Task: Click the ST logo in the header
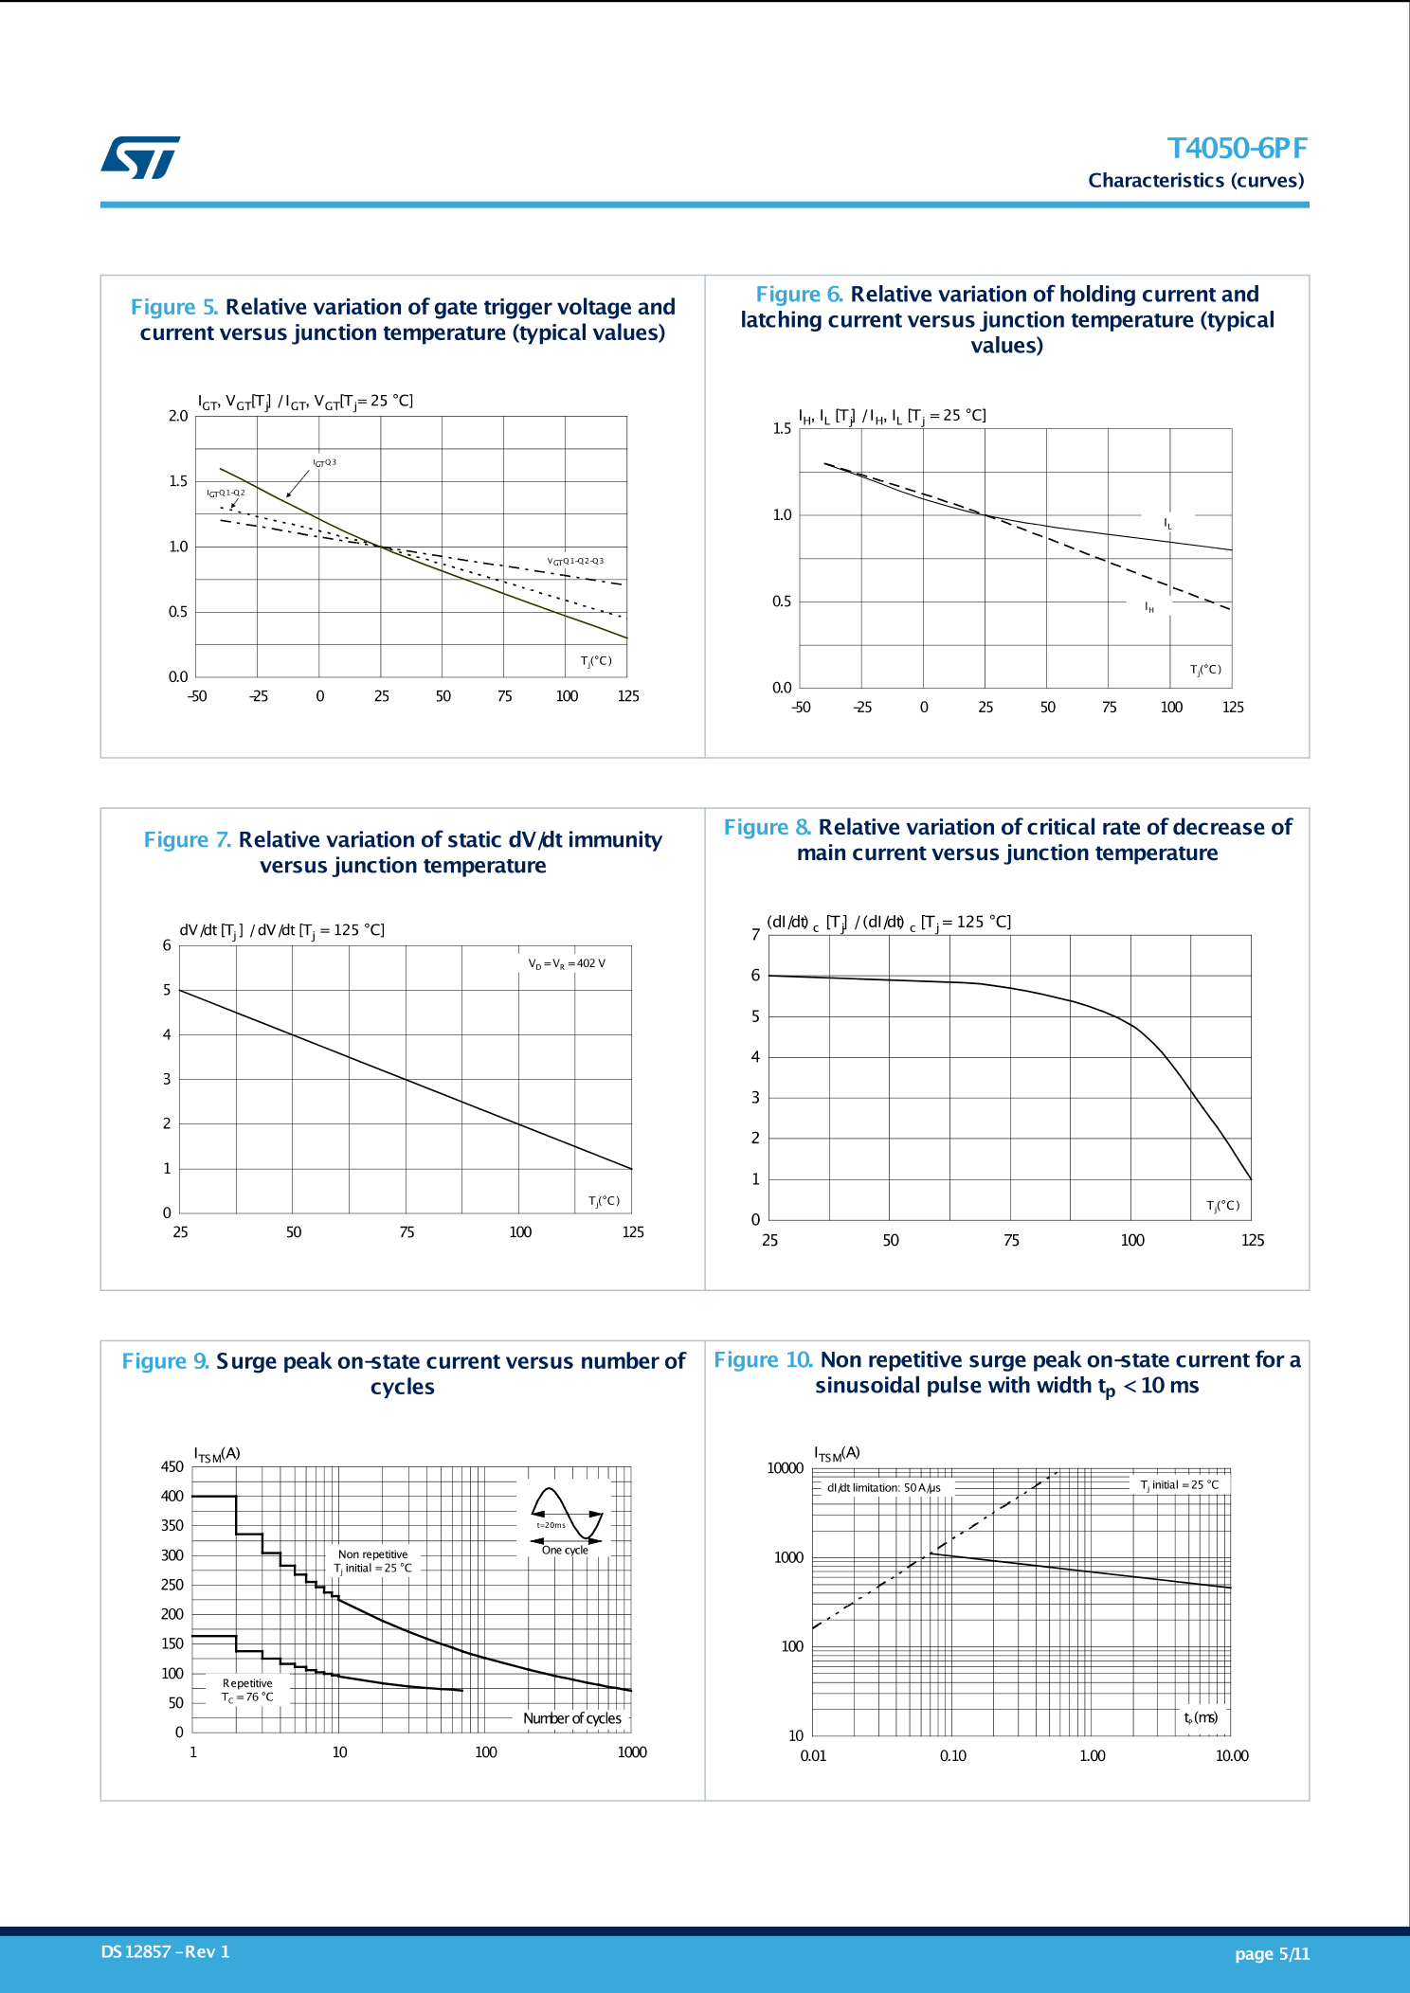140,157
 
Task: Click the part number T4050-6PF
1237,149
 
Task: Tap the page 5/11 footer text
1272,1953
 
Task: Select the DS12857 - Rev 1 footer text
165,1951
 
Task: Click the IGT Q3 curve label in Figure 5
325,463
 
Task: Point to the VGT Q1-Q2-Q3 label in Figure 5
575,561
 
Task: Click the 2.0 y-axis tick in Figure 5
178,416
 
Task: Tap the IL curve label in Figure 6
1168,524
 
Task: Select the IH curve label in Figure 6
1149,607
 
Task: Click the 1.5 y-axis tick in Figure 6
782,429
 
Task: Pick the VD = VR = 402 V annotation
567,964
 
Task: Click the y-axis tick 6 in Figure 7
167,945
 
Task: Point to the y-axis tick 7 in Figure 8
755,935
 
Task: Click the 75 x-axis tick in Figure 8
1011,1240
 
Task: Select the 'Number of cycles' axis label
572,1718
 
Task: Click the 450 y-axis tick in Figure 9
172,1467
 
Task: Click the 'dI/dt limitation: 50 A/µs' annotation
883,1488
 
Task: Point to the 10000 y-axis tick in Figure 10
785,1468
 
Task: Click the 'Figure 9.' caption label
165,1361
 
